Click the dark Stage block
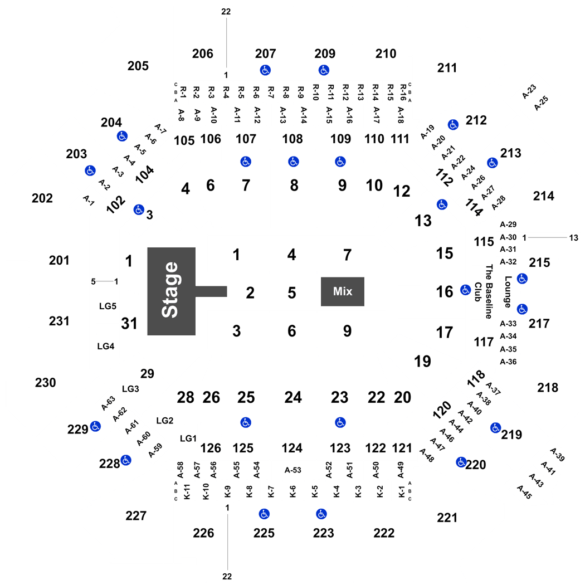tap(172, 291)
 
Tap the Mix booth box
tap(343, 291)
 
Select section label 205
tap(138, 66)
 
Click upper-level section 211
tap(447, 68)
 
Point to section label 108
tap(292, 139)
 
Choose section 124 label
tap(292, 448)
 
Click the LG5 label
tap(108, 306)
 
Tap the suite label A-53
tap(293, 470)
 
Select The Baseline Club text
tap(484, 291)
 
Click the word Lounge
tap(508, 292)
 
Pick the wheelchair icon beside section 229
tap(95, 426)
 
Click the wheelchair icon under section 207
tap(265, 70)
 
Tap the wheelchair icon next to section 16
tap(465, 290)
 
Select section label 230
tap(46, 382)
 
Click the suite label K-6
tap(293, 491)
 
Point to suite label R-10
tap(316, 92)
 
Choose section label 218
tap(548, 388)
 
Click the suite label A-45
tap(524, 492)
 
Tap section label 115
tap(484, 242)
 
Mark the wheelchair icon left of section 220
tap(461, 462)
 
